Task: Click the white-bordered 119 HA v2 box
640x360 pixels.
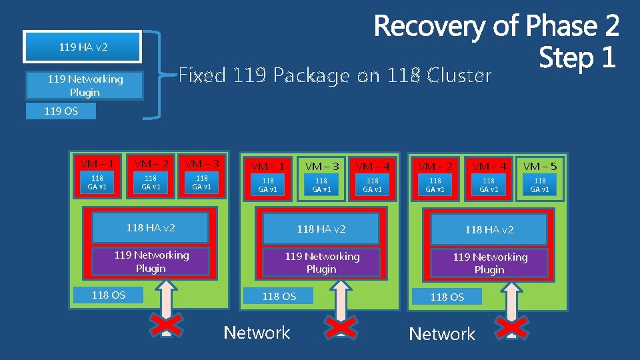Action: (83, 47)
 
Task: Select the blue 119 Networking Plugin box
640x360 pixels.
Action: (85, 85)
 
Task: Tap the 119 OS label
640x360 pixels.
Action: (61, 111)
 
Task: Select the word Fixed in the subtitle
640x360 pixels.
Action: (203, 75)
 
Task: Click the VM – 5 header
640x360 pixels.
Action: (540, 166)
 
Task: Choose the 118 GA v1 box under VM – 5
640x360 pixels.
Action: (540, 185)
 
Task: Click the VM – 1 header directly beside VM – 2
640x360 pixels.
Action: (97, 164)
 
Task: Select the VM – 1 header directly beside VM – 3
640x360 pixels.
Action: (268, 166)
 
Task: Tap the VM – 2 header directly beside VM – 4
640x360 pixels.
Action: (435, 166)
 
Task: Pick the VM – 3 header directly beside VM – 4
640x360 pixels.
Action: (321, 166)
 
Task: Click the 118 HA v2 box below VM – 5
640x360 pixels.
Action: (489, 229)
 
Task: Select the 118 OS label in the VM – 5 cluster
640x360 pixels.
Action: (447, 297)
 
